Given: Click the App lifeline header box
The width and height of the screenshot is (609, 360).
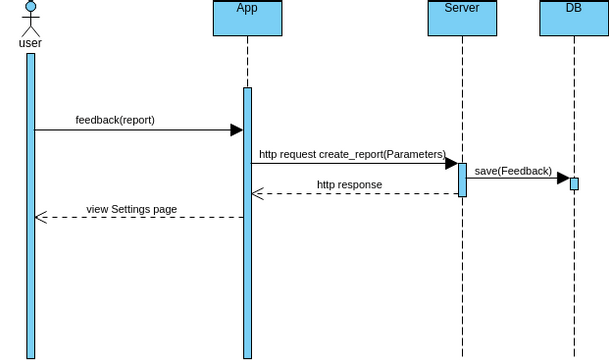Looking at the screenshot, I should pos(247,18).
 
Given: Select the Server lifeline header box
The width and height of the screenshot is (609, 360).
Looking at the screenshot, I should pos(462,18).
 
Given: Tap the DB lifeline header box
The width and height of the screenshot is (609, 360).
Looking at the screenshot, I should pos(574,18).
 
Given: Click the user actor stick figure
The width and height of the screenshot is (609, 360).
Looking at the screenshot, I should pos(30,20).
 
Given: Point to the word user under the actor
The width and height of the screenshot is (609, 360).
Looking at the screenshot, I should pos(30,43).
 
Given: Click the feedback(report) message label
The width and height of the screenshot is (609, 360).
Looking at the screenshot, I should pos(115,120).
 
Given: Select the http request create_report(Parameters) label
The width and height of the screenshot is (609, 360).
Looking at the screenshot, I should pos(351,154).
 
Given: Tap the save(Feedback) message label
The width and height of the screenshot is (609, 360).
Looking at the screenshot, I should pos(512,171).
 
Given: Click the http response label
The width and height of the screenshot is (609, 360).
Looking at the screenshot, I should pos(349,185).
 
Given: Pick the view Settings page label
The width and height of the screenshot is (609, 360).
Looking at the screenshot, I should pos(131,209).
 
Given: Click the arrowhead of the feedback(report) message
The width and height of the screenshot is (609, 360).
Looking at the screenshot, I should pos(237,130).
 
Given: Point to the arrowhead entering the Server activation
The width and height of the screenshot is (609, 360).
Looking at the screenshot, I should pos(452,163).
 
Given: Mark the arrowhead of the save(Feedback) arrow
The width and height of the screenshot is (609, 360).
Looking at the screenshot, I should pos(564,179).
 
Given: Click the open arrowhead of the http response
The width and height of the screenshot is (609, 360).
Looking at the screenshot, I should pos(257,194).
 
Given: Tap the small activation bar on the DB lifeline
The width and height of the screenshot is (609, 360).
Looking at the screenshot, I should pos(574,183).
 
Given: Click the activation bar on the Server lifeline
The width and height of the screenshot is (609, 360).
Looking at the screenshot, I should pos(462,179).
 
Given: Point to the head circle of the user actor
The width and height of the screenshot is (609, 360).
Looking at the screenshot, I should pos(30,8).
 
